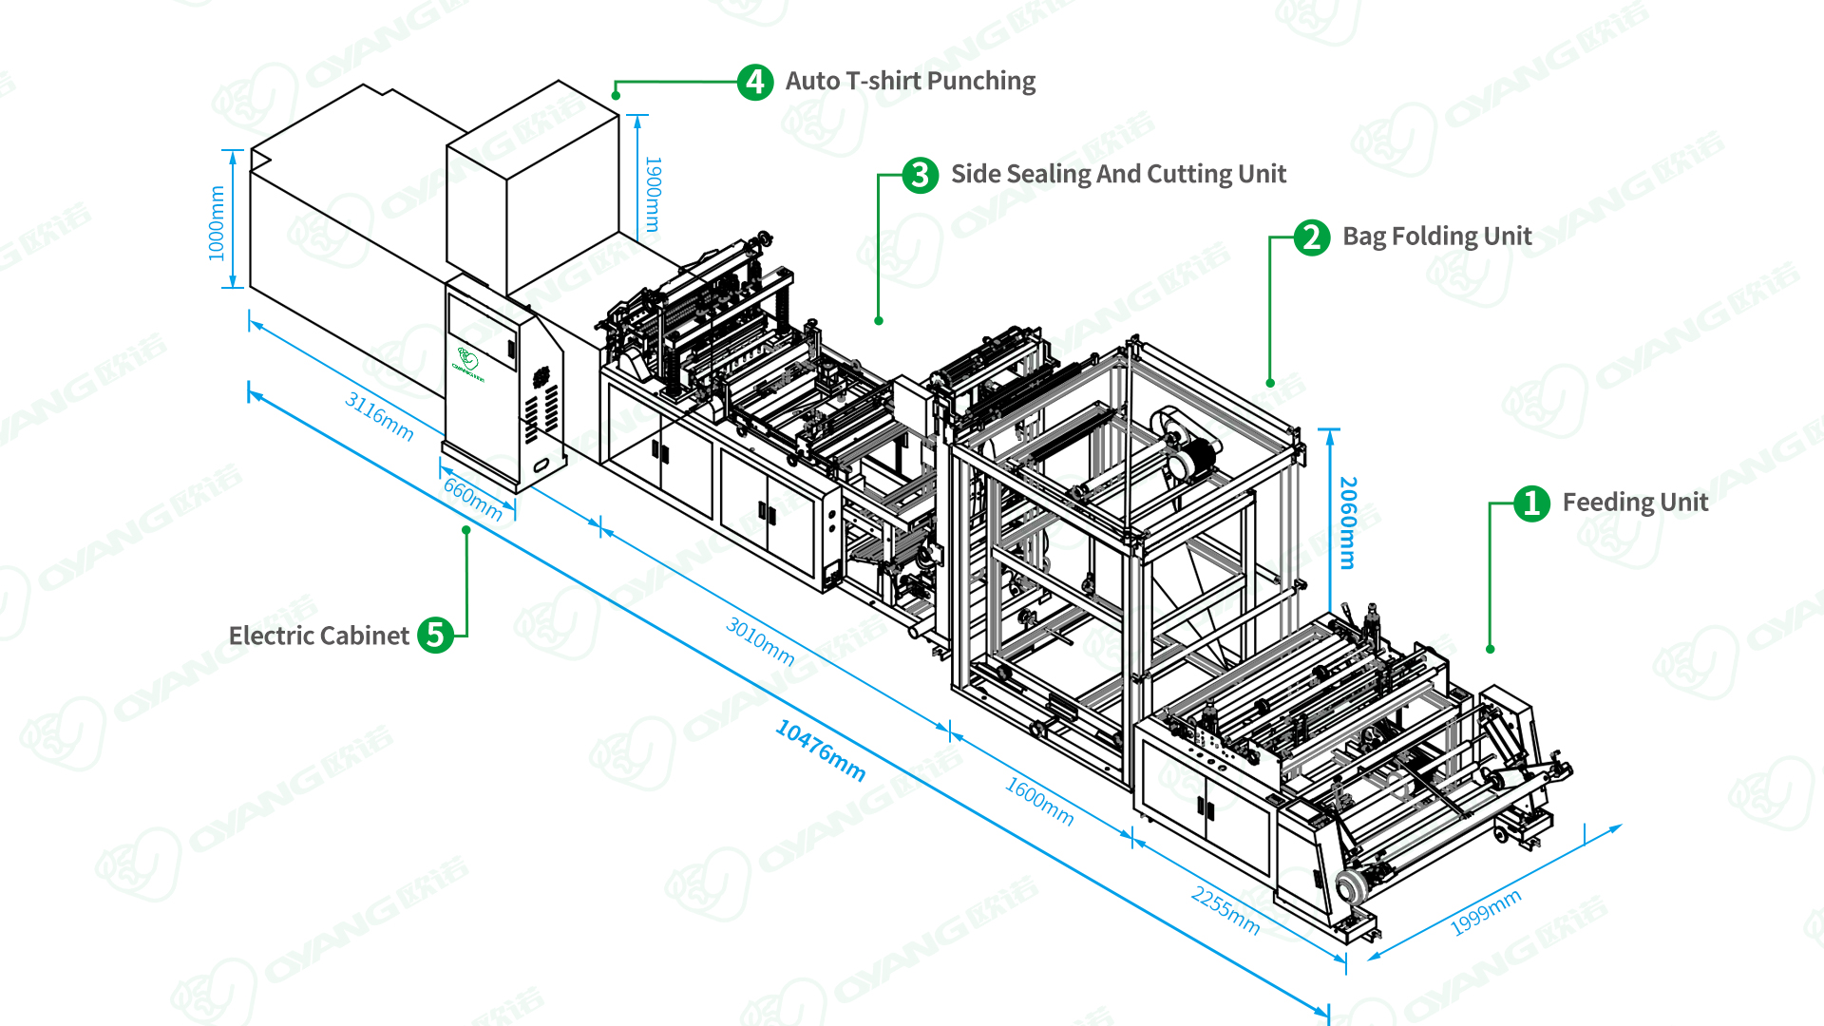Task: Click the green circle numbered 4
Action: [755, 83]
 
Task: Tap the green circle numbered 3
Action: [920, 175]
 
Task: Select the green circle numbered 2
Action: [1312, 237]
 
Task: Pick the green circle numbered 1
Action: [1531, 503]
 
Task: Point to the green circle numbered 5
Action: [436, 635]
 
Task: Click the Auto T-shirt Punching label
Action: [910, 82]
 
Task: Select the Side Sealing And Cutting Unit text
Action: [1118, 175]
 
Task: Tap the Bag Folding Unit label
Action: [1436, 237]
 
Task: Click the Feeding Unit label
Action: [1635, 503]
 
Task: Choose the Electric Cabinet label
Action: [319, 636]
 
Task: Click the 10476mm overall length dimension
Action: [821, 750]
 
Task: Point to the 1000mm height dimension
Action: [217, 223]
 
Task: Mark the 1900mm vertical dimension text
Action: [654, 195]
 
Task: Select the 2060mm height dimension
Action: [1348, 522]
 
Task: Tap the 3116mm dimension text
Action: [379, 416]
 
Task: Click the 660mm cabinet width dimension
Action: [473, 499]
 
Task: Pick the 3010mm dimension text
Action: [760, 640]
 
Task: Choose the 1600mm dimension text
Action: [1039, 802]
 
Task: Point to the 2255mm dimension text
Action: [1225, 910]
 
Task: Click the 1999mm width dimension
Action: [1486, 912]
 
